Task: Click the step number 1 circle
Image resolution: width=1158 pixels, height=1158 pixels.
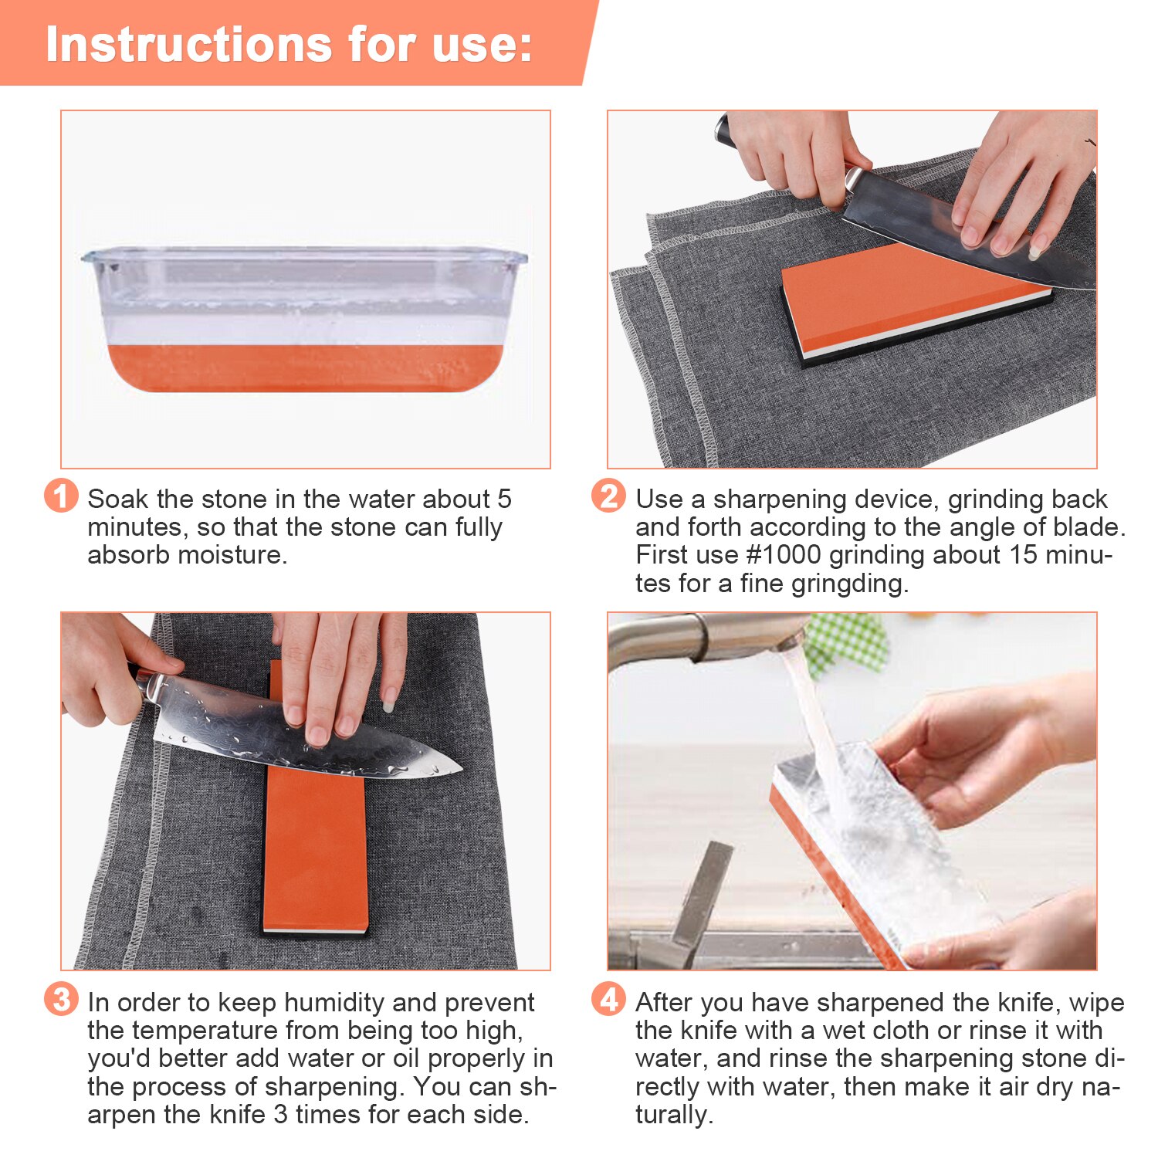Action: click(x=61, y=496)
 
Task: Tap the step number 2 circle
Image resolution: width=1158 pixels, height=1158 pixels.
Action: click(x=608, y=496)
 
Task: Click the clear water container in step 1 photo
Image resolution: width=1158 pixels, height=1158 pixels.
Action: click(x=305, y=286)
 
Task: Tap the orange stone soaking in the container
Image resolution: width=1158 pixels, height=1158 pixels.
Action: click(x=305, y=367)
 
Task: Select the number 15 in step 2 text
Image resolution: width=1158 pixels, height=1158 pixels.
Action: click(x=1022, y=555)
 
